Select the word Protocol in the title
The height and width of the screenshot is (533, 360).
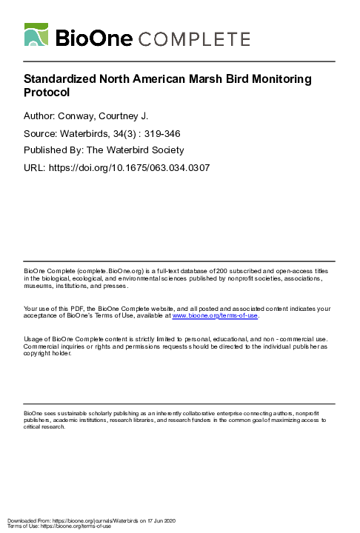46,93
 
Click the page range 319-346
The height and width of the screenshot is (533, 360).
161,133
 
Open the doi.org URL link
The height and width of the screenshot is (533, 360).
130,168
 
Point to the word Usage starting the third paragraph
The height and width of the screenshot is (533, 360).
35,339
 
